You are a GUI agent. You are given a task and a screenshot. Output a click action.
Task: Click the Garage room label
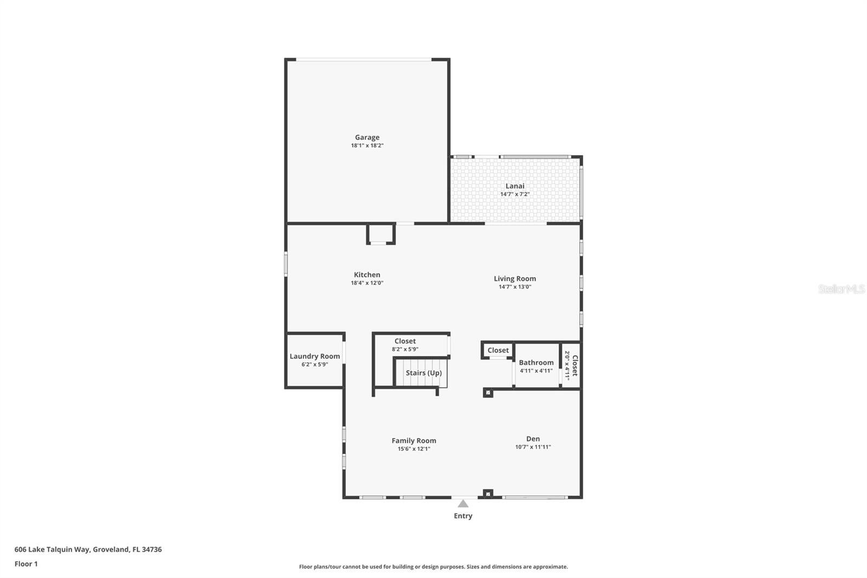[x=367, y=137]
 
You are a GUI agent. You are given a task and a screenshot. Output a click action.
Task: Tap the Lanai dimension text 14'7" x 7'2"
[x=514, y=194]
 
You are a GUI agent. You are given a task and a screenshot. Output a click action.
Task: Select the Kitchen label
[x=367, y=274]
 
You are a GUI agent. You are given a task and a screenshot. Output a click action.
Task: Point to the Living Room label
[x=514, y=278]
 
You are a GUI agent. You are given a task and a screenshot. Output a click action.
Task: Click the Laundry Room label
[x=314, y=356]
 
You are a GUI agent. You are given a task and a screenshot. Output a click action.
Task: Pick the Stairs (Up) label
[x=423, y=373]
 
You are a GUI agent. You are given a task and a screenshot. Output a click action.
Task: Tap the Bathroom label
[x=536, y=362]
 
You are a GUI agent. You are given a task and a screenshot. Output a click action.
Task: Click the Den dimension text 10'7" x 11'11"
[x=533, y=447]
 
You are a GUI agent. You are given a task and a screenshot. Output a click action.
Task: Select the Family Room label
[x=413, y=440]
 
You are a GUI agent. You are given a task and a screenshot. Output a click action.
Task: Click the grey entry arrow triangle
[x=463, y=504]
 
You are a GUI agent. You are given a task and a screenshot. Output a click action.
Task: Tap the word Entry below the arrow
[x=463, y=516]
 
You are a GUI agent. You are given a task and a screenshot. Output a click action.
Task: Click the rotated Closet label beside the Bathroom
[x=574, y=365]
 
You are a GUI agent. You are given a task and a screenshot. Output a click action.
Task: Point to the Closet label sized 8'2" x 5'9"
[x=405, y=341]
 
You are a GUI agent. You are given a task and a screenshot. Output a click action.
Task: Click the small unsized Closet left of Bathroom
[x=498, y=350]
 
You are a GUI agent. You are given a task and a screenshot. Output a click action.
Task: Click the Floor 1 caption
[x=26, y=564]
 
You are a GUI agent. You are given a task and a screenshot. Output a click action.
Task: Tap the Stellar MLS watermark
[x=841, y=289]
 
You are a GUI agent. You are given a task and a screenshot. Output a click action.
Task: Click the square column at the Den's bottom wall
[x=488, y=493]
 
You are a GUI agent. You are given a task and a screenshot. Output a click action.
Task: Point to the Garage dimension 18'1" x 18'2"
[x=367, y=145]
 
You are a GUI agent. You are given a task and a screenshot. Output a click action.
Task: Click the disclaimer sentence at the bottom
[x=433, y=567]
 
